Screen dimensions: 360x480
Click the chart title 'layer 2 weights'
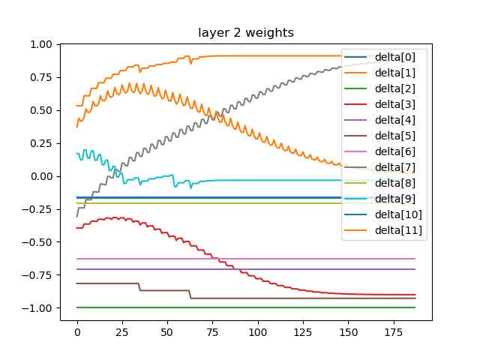[x=246, y=32]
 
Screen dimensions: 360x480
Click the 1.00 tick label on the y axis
[x=41, y=45]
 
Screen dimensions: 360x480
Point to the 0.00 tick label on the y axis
[x=41, y=176]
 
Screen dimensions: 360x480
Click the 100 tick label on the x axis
[x=258, y=331]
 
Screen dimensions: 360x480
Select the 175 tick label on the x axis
[x=394, y=331]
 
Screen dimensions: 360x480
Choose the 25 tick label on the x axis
[x=122, y=331]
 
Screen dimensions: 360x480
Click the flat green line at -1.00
[x=225, y=307]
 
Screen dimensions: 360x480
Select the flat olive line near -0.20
[x=225, y=203]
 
